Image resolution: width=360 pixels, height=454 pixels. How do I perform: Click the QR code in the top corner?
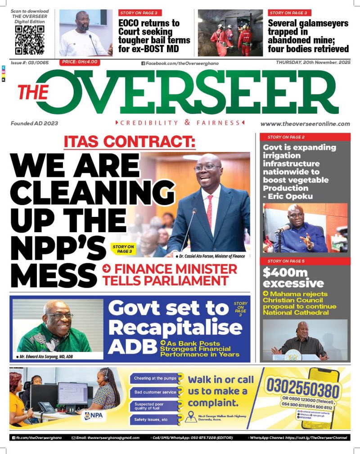point(30,40)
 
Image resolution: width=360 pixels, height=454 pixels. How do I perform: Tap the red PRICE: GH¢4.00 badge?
point(79,62)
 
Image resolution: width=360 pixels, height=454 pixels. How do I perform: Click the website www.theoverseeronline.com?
point(305,124)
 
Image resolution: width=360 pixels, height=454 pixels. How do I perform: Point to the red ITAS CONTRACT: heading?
point(130,142)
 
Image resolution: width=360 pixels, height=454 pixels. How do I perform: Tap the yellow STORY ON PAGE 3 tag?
point(123,249)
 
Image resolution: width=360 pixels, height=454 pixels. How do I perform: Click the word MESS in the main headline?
point(53,274)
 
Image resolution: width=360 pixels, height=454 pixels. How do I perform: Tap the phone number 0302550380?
point(302,387)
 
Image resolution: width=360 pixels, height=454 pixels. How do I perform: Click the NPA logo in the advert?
point(94,414)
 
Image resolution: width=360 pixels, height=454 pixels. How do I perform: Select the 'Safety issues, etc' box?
point(152,419)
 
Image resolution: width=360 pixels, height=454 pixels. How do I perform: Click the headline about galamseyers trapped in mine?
point(308,36)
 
